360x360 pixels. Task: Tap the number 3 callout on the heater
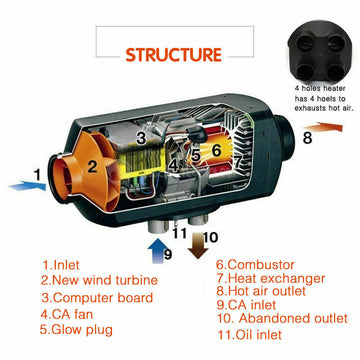(x=141, y=137)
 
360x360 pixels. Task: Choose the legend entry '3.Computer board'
(x=98, y=297)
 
